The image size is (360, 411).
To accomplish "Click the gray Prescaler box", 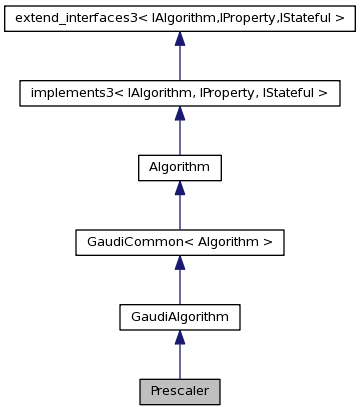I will coord(179,391).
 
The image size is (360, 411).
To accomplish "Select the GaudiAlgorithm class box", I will coord(179,317).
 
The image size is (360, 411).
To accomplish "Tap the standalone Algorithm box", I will coord(179,168).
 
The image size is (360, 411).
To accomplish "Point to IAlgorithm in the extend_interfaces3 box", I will coord(178,19).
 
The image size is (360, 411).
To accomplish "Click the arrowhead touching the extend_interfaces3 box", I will coord(179,39).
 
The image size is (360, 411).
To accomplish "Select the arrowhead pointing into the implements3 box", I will coord(179,114).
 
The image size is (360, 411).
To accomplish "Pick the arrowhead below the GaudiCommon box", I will coord(179,263).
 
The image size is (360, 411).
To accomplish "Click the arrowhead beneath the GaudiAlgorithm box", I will coord(179,338).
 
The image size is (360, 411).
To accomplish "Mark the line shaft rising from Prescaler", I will coord(179,363).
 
